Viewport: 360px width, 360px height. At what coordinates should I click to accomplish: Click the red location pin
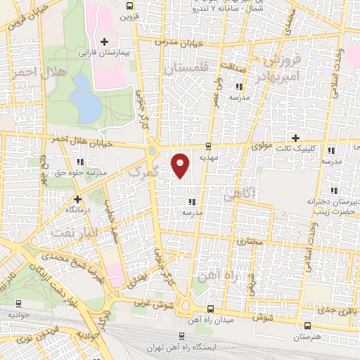[x=181, y=165]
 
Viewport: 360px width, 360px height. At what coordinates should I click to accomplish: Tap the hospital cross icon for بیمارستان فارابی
[x=104, y=42]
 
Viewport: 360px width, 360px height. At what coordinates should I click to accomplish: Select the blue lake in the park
[x=84, y=97]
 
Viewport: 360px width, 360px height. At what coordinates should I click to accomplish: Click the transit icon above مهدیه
[x=208, y=146]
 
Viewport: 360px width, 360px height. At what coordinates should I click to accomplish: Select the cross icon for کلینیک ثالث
[x=295, y=137]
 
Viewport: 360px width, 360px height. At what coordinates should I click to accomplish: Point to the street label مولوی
[x=262, y=146]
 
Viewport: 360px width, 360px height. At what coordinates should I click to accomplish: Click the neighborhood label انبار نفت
[x=71, y=226]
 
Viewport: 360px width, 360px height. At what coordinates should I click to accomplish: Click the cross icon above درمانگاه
[x=78, y=199]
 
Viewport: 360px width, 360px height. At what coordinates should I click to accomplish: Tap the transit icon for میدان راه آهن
[x=211, y=309]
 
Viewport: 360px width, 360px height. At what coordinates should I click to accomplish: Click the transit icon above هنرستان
[x=309, y=326]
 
